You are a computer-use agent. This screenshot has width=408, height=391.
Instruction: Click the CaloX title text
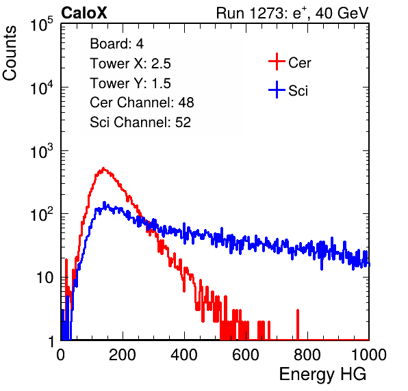click(84, 13)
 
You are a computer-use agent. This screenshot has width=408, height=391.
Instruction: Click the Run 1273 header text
click(292, 13)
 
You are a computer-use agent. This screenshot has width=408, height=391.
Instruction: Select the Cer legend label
click(299, 63)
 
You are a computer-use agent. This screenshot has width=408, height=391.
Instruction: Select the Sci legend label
click(298, 91)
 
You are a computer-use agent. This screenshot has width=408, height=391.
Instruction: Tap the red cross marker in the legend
click(277, 62)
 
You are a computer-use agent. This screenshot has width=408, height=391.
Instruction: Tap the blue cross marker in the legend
click(277, 90)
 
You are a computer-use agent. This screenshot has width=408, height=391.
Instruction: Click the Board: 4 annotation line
click(116, 44)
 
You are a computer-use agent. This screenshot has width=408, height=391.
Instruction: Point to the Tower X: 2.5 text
click(130, 64)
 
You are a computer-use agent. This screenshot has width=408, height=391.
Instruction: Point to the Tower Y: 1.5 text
click(130, 83)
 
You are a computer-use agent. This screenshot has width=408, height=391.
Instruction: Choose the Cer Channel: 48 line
click(142, 103)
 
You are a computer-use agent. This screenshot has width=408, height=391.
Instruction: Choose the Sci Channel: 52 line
click(140, 122)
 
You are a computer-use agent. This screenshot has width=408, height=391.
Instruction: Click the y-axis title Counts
click(10, 53)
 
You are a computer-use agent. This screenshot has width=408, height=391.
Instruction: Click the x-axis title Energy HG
click(322, 375)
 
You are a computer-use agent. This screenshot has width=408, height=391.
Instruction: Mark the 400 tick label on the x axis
click(184, 355)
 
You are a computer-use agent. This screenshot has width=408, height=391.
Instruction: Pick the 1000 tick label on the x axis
click(369, 355)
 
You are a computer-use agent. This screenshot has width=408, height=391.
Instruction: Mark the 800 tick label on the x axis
click(307, 355)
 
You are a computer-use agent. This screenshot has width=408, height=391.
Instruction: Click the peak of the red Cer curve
click(103, 168)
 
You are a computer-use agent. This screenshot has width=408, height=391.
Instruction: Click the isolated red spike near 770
click(298, 324)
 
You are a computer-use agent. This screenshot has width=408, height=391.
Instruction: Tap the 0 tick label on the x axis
click(61, 355)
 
